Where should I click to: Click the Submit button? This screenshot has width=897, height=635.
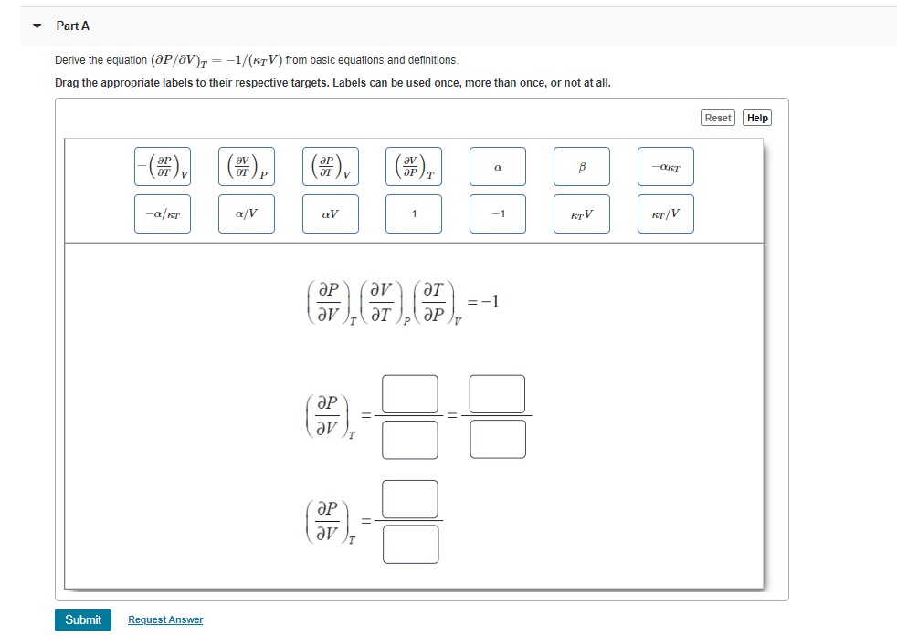[83, 619]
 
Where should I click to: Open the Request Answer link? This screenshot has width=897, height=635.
[165, 619]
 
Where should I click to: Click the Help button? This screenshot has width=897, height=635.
[757, 118]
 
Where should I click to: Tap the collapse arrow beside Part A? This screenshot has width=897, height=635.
[37, 26]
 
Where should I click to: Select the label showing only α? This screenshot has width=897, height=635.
[498, 167]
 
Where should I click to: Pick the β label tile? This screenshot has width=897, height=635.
[582, 167]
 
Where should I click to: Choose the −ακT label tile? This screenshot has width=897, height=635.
[666, 167]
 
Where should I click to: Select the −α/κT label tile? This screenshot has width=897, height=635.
[163, 214]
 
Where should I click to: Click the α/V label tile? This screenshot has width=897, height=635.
[247, 214]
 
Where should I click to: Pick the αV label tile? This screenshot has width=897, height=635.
[331, 214]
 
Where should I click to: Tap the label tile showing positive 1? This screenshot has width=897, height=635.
[414, 214]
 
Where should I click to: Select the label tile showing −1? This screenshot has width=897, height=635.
[498, 214]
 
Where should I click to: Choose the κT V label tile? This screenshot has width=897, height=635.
[582, 214]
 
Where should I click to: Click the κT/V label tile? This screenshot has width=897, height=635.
[666, 214]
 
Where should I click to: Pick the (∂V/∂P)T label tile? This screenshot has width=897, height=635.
[414, 167]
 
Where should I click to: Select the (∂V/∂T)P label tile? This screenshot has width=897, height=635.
[247, 167]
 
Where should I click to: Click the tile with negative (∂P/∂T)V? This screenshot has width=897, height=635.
[163, 167]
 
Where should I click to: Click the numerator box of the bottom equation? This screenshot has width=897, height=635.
[410, 499]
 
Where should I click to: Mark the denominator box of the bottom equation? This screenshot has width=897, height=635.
[410, 544]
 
